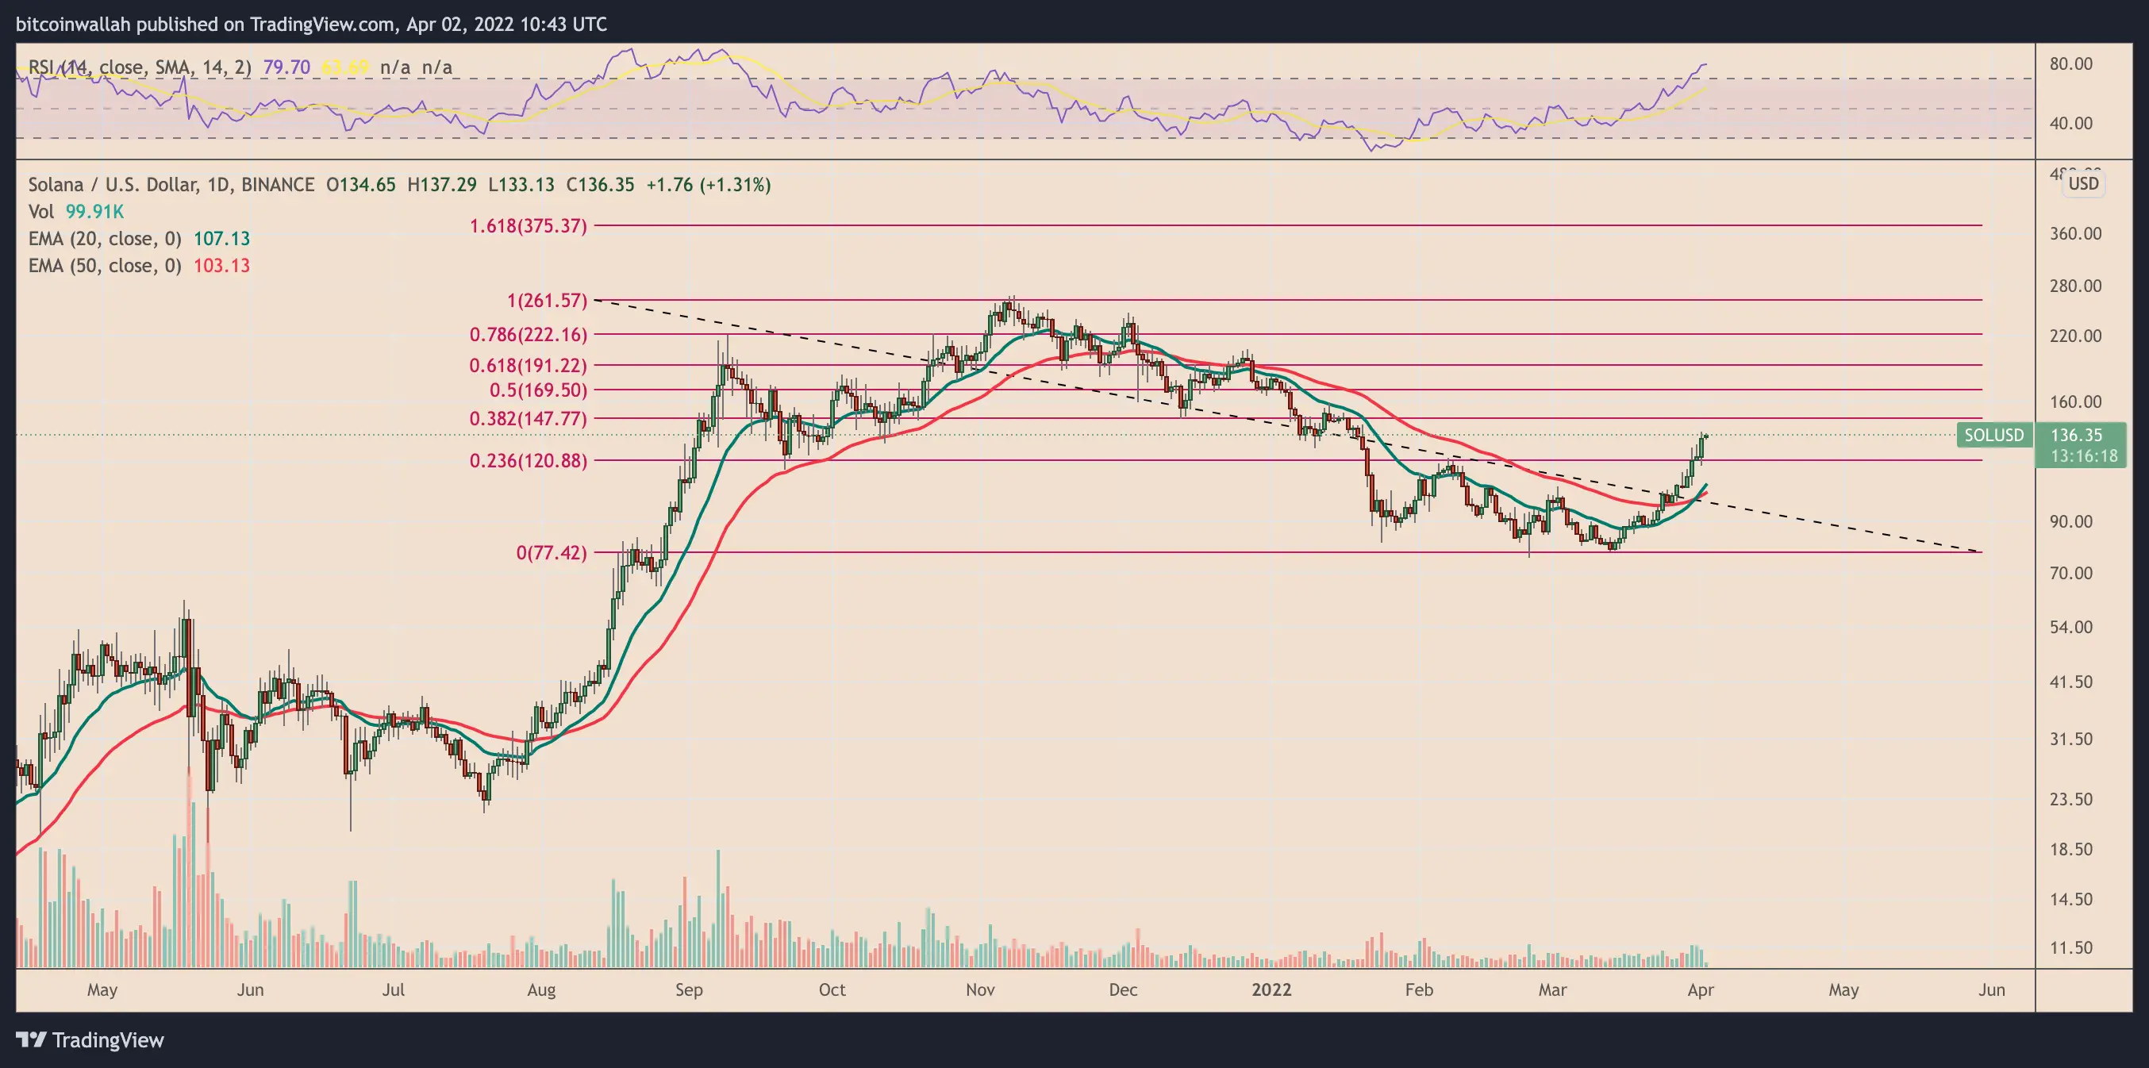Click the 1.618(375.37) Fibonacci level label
tap(528, 226)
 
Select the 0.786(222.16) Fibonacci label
tap(528, 335)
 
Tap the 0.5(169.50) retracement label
tap(538, 390)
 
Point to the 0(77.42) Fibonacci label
tap(552, 552)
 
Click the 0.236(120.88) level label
tap(528, 460)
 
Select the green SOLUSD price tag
tap(1993, 436)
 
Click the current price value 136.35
tap(2077, 436)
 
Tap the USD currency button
tap(2083, 184)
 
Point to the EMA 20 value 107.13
tap(222, 239)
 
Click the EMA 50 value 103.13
tap(222, 265)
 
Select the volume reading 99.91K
tap(94, 212)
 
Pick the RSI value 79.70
tap(286, 67)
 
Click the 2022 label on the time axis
tap(1271, 989)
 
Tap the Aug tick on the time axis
tap(541, 989)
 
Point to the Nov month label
tap(980, 989)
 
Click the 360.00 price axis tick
tap(2075, 233)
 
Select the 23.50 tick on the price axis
tap(2070, 799)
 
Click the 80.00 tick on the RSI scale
tap(2070, 64)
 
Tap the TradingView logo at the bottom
tap(90, 1040)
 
